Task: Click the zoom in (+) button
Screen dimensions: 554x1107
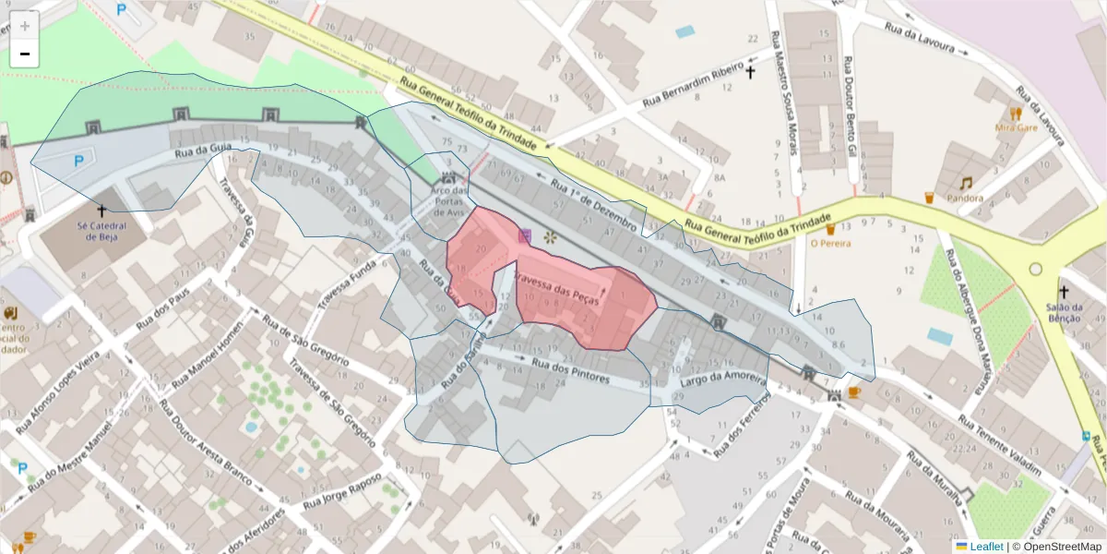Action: click(25, 26)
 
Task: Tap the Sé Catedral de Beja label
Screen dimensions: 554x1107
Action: click(101, 228)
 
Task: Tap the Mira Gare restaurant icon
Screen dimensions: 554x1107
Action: click(1015, 114)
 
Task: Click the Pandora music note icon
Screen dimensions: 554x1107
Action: click(966, 184)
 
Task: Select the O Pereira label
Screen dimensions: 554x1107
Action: click(830, 244)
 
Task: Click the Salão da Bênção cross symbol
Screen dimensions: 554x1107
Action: click(1064, 291)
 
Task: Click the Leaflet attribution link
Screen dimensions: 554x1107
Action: click(986, 546)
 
